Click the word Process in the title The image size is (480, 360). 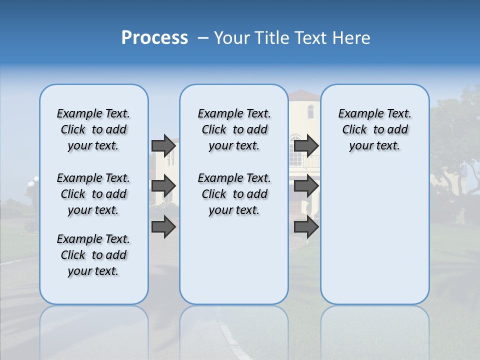[x=154, y=38]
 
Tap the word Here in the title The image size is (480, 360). [x=351, y=38]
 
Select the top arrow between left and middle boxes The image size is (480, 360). [x=163, y=145]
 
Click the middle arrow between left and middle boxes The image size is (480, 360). [x=163, y=186]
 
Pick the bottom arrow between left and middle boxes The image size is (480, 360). [x=163, y=227]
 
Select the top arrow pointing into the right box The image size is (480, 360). [x=306, y=145]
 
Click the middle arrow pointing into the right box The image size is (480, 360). [x=306, y=186]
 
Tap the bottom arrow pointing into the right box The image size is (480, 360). [x=306, y=227]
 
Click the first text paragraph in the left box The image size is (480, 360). [x=93, y=129]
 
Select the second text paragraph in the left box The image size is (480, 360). [x=93, y=194]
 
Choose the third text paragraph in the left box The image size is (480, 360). [x=93, y=255]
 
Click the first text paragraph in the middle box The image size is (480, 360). [x=234, y=129]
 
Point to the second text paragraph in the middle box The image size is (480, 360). [x=234, y=194]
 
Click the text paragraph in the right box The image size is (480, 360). [x=374, y=129]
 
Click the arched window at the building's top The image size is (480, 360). [x=310, y=111]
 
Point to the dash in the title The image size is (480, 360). [x=203, y=38]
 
